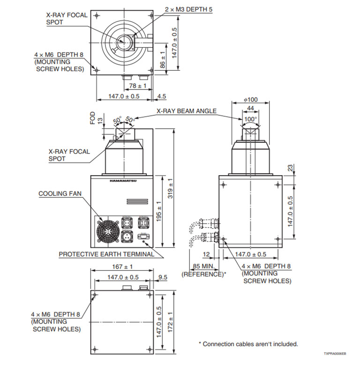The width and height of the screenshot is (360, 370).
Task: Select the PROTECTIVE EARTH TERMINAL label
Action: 106,254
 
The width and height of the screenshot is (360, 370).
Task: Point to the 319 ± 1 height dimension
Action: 172,187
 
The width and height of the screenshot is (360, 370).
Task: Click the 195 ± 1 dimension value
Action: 159,212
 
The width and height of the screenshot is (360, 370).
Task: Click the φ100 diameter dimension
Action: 251,100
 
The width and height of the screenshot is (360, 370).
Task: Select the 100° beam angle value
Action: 250,119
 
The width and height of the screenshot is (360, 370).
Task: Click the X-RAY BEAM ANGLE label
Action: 187,111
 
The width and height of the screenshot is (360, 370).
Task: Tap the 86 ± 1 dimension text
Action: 163,59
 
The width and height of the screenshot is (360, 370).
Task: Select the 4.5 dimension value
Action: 162,96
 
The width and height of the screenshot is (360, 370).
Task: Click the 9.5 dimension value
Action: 163,277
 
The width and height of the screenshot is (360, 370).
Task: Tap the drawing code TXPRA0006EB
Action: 334,354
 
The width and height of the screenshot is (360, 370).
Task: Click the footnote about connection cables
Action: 248,344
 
